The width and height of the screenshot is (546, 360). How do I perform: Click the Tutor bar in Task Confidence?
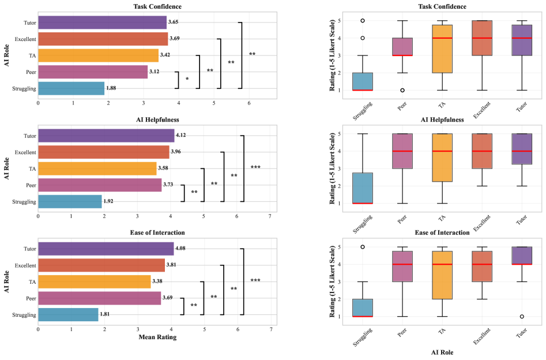pos(102,22)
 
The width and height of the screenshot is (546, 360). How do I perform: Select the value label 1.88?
pos(112,88)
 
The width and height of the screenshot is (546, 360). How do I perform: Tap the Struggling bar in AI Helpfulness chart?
pos(70,201)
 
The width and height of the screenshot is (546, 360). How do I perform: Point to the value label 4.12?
pos(182,136)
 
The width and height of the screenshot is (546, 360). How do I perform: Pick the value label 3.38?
pos(158,282)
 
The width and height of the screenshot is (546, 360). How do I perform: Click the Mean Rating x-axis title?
pos(157,337)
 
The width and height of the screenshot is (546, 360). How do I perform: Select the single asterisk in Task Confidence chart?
pos(187,78)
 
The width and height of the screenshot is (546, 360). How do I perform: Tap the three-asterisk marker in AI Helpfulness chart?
pos(255,167)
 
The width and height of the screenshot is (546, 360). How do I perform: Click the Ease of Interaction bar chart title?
pos(157,232)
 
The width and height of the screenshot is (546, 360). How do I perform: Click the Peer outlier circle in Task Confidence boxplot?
pos(402,90)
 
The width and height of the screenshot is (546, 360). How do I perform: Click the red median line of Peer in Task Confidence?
pos(402,55)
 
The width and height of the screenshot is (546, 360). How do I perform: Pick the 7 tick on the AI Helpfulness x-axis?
pos(270,216)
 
